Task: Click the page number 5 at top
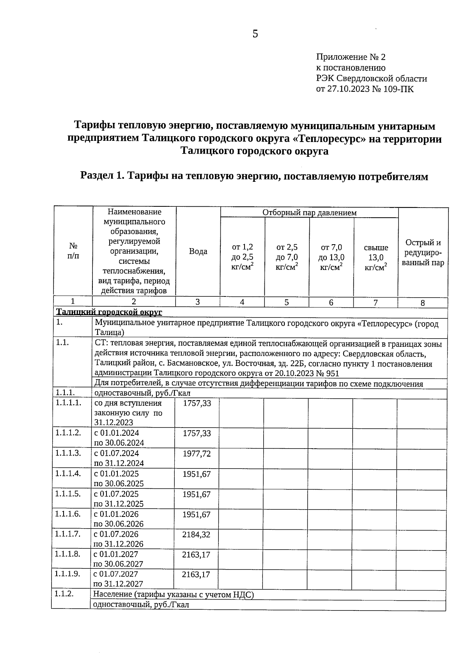point(255,34)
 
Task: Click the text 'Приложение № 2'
point(350,57)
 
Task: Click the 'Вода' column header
point(198,252)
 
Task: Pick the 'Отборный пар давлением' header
point(309,213)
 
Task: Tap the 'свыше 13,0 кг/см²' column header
point(376,257)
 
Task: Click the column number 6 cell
point(331,302)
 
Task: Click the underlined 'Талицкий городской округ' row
point(109,312)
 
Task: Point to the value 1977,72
point(197,453)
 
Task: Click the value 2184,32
point(196,534)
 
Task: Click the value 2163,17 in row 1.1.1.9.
point(196,574)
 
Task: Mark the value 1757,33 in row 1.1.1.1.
point(197,403)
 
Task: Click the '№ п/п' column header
point(73,251)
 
